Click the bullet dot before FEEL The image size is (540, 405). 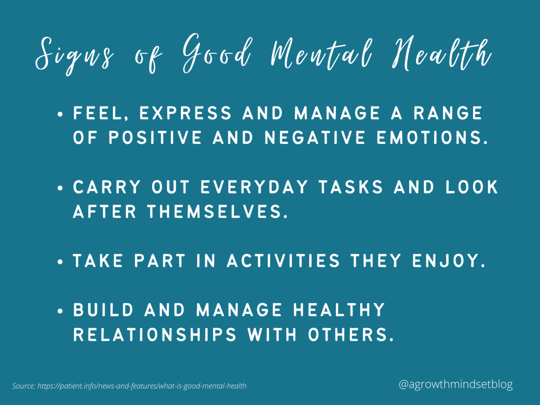[62, 114]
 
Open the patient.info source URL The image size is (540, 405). [142, 386]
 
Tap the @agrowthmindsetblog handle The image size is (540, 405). [456, 385]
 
